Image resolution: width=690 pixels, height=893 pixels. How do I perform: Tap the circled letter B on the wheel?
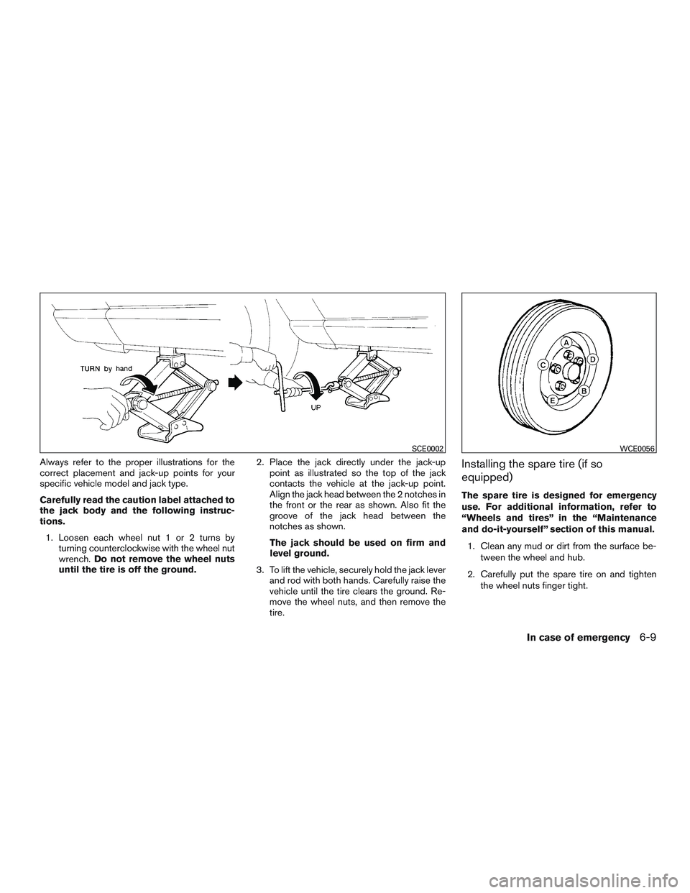click(584, 391)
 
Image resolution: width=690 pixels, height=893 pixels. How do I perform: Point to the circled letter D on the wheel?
click(592, 359)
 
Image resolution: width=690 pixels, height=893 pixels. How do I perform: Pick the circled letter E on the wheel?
click(553, 400)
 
